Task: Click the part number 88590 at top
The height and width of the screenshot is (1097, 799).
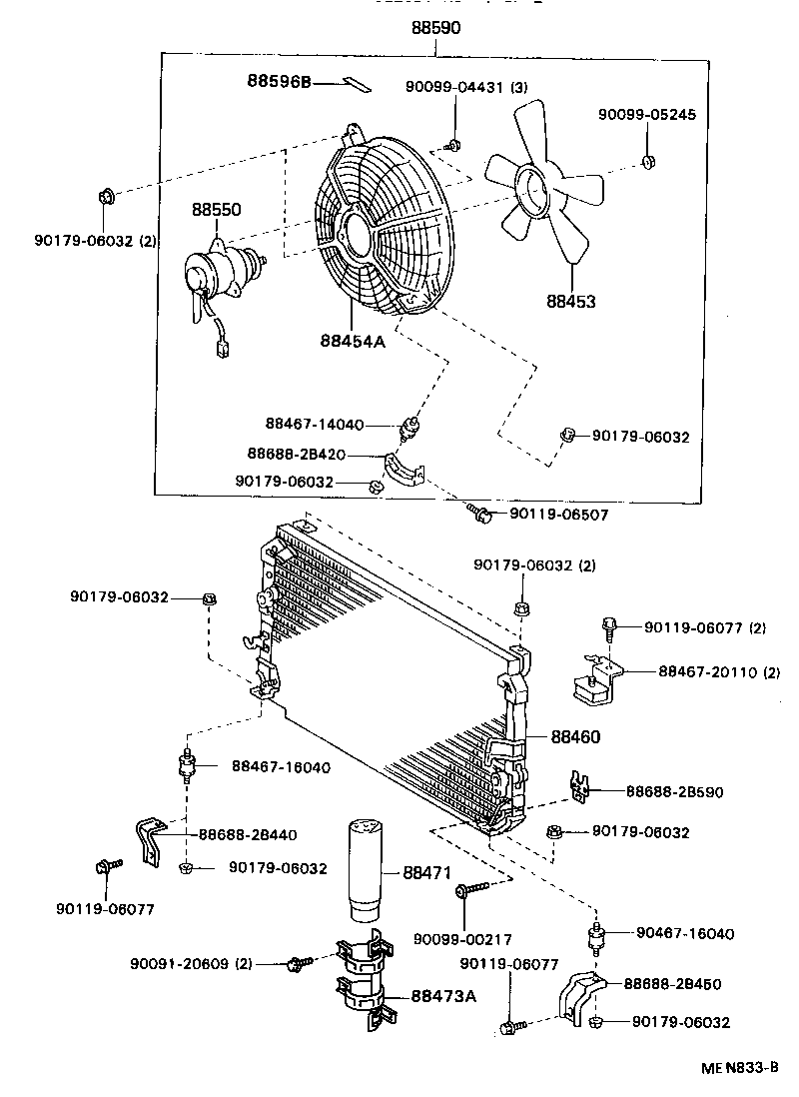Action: (435, 29)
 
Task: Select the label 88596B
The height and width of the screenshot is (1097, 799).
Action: (280, 80)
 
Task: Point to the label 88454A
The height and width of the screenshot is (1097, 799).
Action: (353, 341)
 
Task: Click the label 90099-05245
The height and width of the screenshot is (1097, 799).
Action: (646, 115)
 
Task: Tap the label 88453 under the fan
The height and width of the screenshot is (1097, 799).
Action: (571, 300)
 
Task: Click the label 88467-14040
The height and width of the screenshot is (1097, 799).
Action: (315, 424)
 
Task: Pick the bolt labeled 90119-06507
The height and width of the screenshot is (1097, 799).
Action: (480, 514)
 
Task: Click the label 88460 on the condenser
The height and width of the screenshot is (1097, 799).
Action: (574, 736)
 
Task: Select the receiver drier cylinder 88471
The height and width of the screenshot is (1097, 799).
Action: (364, 869)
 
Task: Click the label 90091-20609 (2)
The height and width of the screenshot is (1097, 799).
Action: (190, 963)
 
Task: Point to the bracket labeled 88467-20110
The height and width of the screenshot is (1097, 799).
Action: (597, 685)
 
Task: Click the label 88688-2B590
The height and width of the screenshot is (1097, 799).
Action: (674, 791)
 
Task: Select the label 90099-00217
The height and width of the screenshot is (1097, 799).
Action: (462, 939)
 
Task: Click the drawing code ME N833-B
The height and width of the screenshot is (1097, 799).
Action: (739, 1068)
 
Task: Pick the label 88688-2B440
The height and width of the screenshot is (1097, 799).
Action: (247, 834)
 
